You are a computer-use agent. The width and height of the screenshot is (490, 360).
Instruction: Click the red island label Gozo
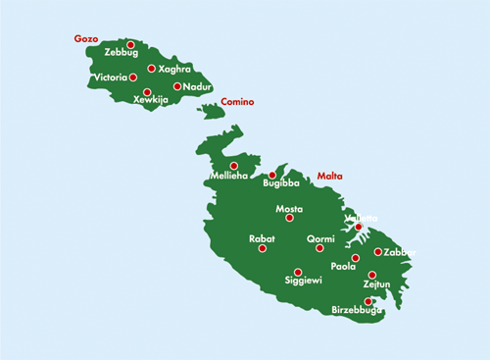point(87,39)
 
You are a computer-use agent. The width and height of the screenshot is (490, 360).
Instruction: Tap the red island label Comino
point(237,101)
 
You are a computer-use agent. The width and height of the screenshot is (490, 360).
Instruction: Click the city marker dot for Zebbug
point(130,44)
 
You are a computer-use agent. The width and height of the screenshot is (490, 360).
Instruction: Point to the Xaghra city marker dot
point(151,69)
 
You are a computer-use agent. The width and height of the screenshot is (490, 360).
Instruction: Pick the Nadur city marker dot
point(177,86)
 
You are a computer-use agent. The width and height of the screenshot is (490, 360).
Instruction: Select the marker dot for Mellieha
point(233,166)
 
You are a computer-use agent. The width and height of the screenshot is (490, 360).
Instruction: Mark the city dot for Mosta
point(289,218)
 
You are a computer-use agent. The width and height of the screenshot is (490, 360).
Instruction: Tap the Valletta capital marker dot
point(359,228)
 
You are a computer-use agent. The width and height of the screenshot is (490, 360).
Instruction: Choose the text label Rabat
point(262,238)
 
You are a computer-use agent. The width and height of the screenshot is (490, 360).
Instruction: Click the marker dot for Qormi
point(319,248)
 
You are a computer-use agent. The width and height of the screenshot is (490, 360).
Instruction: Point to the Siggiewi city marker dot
point(298,272)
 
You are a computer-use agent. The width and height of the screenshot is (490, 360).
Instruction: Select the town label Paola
point(343,266)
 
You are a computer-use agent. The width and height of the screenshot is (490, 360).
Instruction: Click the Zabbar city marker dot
point(378,252)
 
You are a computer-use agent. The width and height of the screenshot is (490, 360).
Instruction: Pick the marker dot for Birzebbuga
point(367,301)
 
